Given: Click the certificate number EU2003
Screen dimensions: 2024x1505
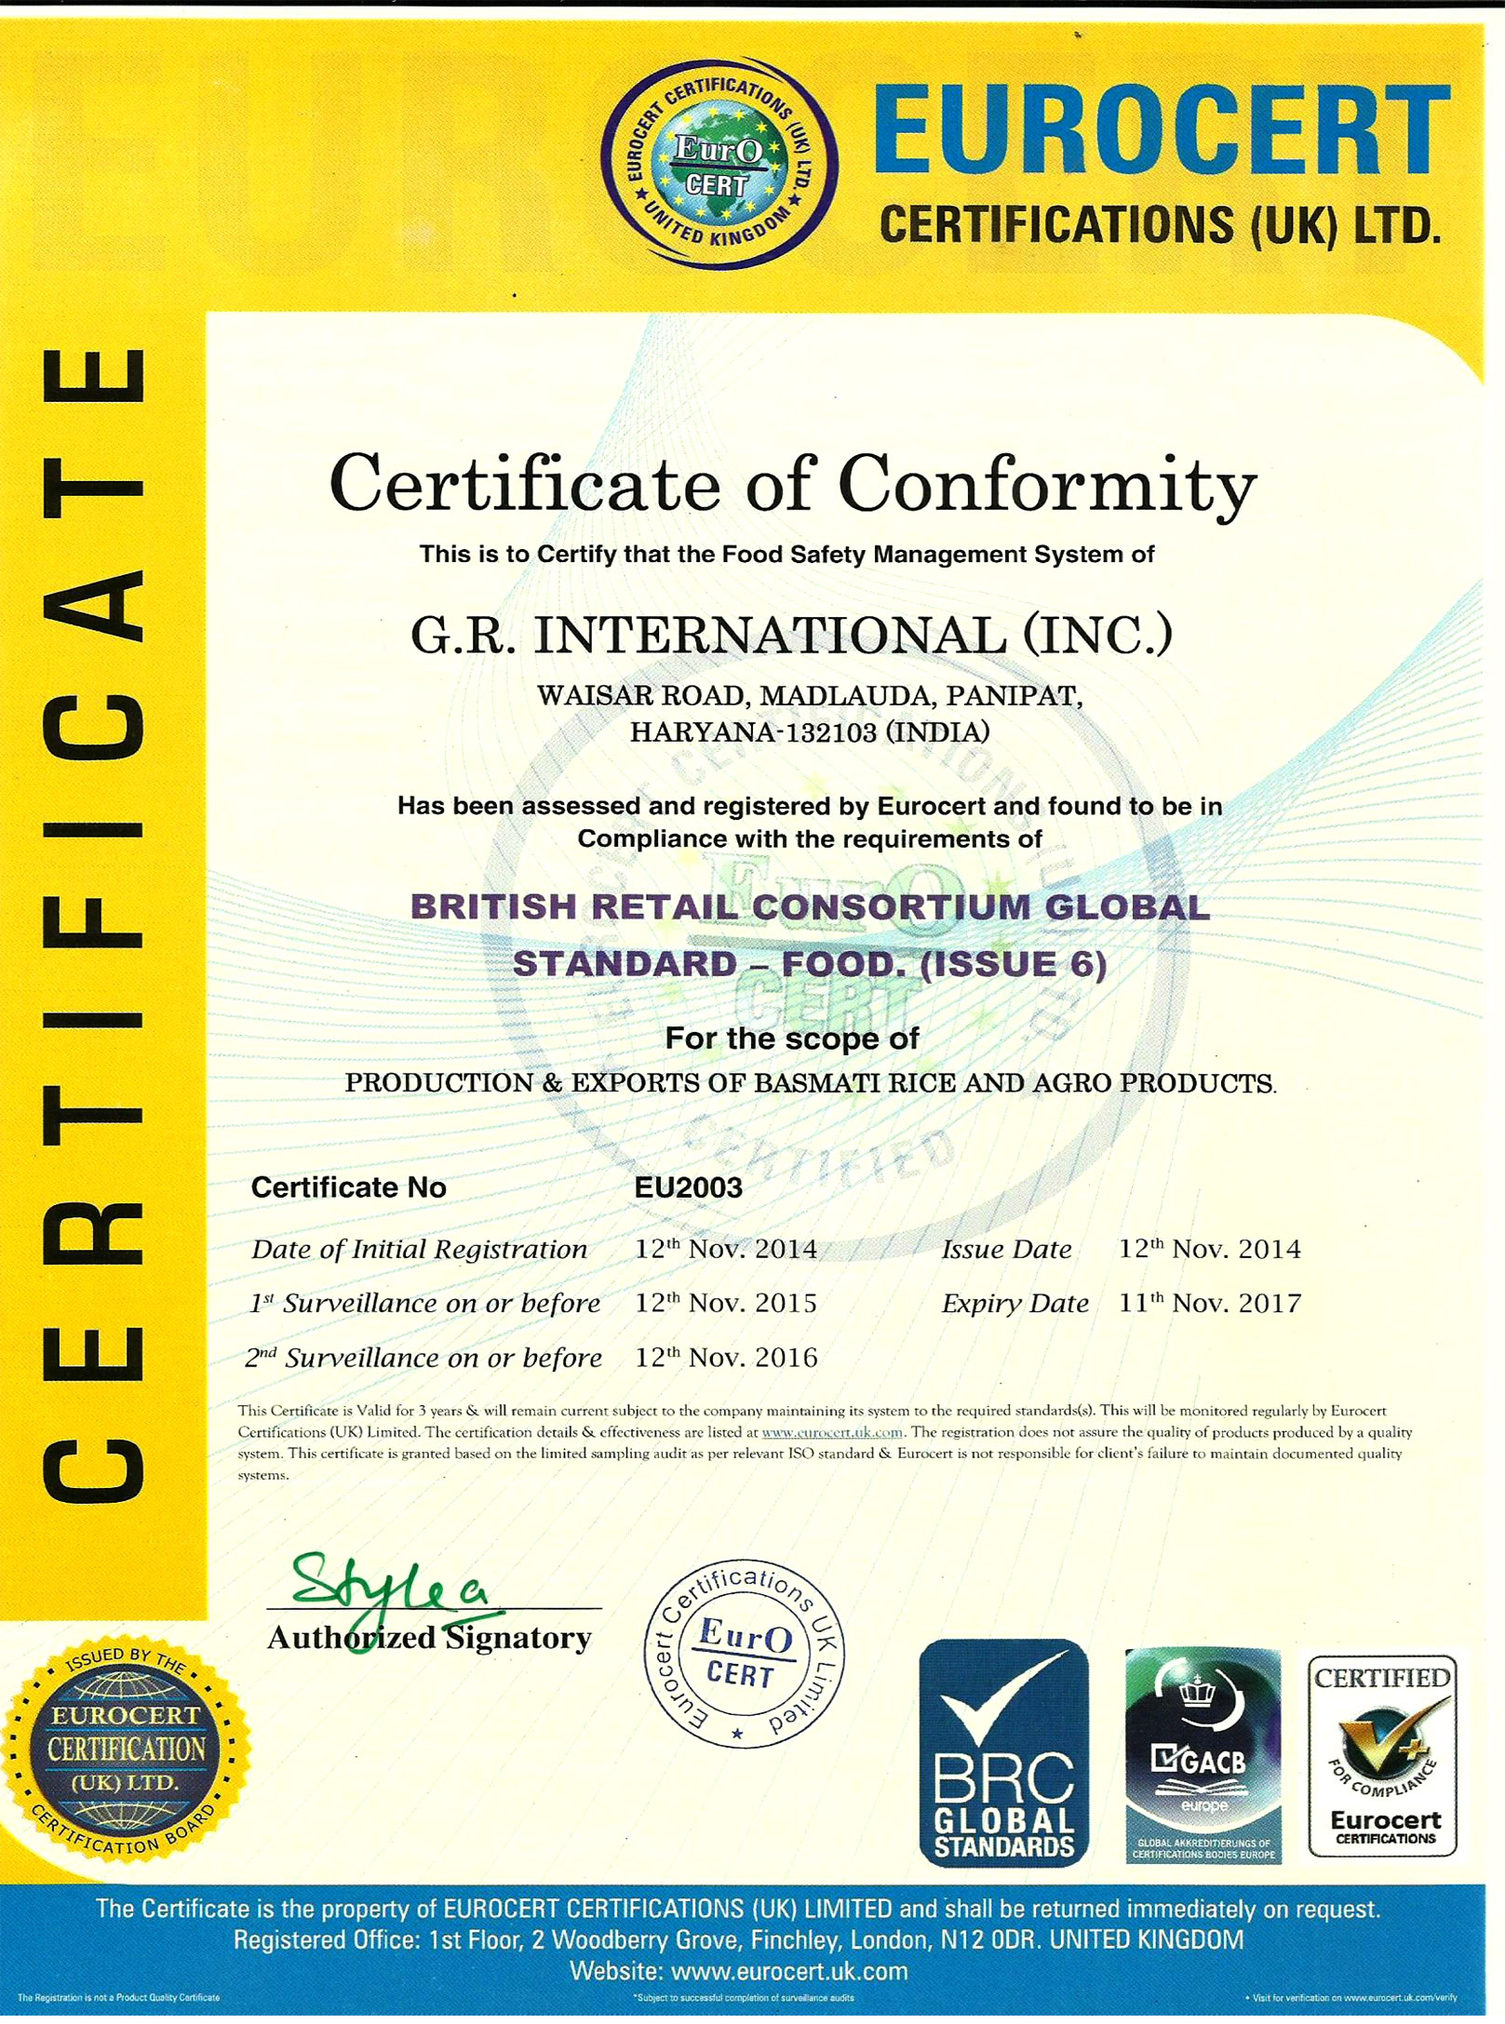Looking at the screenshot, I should pos(688,1187).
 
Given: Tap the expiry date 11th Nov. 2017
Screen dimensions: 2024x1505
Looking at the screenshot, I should pos(1209,1303).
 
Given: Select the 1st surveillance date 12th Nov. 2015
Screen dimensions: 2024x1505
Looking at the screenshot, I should pos(726,1303).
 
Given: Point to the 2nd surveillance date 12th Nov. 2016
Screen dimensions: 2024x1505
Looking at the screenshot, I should pos(726,1358).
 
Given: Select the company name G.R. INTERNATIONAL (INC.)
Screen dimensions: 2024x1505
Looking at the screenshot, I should pos(791,636).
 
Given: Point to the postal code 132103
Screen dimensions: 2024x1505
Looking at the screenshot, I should pos(831,733).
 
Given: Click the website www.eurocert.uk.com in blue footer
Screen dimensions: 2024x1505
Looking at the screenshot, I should pos(788,1971).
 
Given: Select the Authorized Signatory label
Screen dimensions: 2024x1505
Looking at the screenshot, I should pos(429,1637).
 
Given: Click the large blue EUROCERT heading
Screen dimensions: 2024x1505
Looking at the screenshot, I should pos(1161,130).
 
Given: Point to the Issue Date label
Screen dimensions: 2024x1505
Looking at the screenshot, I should pos(1006,1249).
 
